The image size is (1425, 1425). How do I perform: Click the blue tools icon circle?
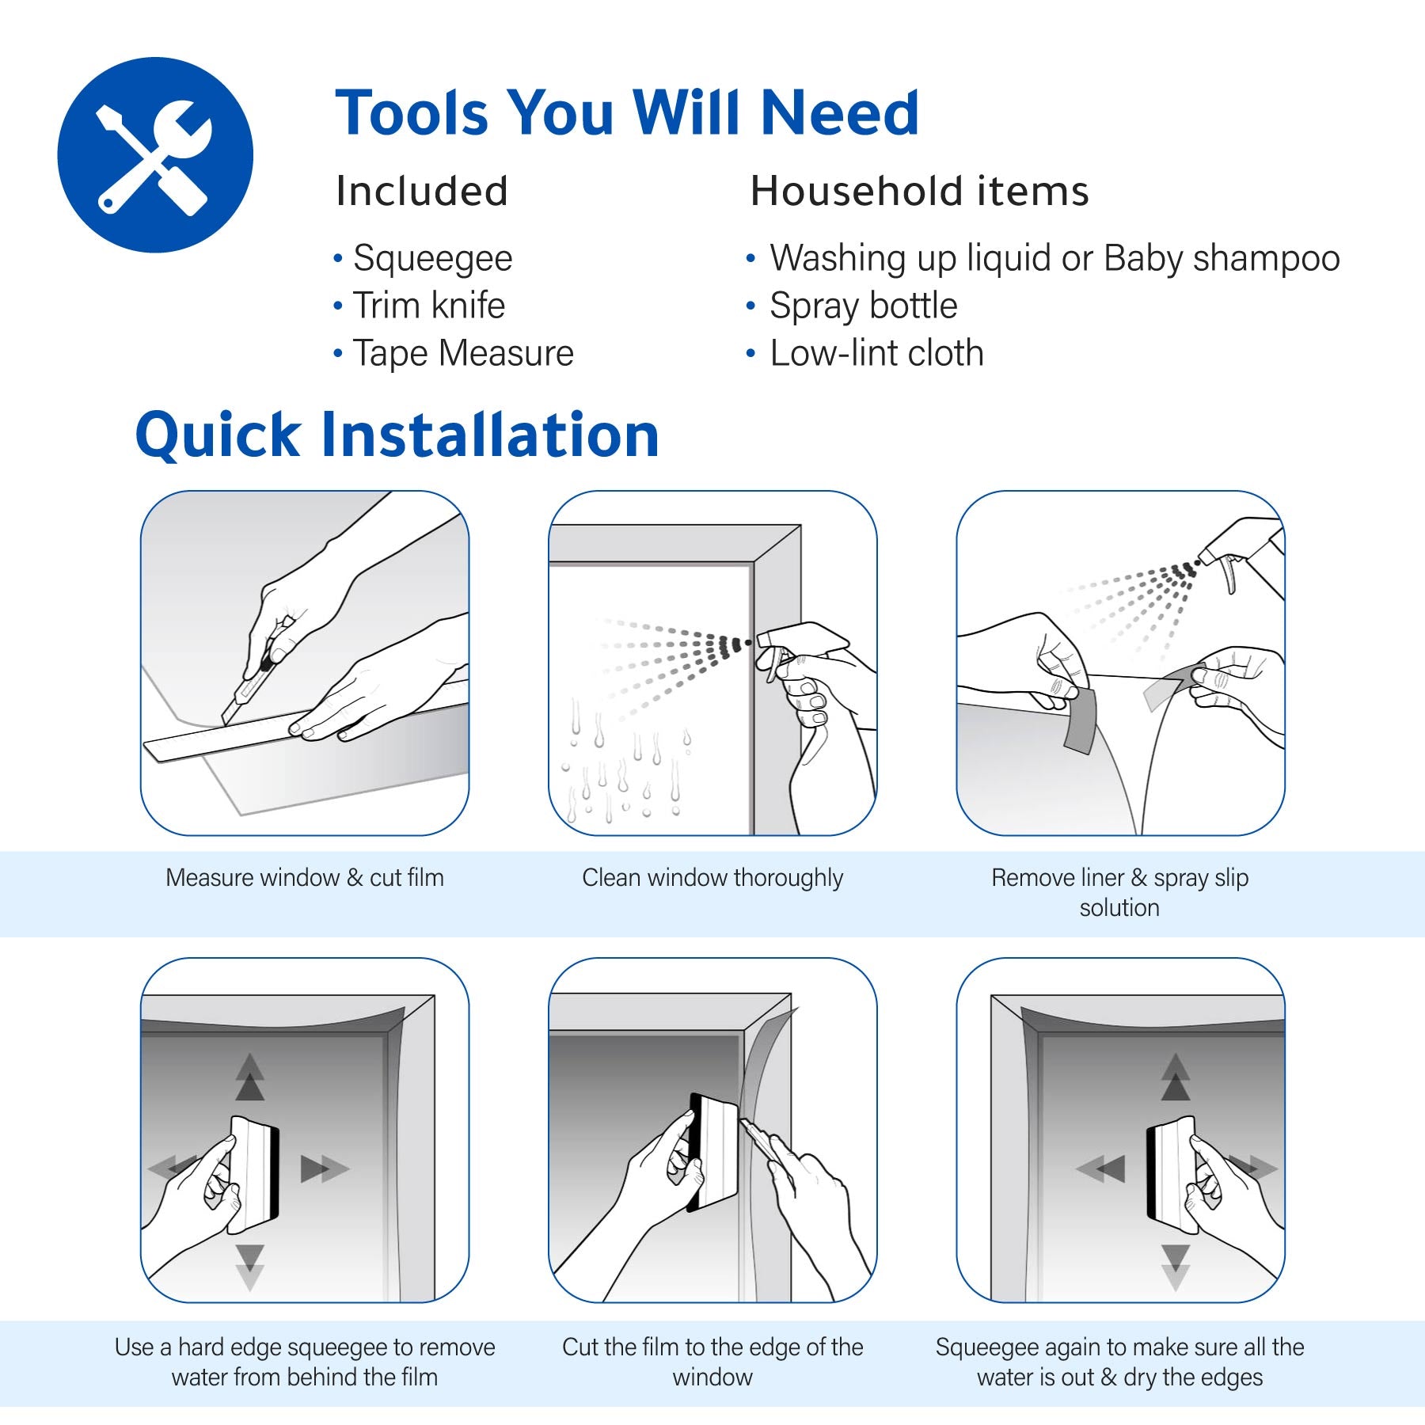[x=155, y=155]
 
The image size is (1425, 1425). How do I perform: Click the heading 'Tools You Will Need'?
[x=626, y=113]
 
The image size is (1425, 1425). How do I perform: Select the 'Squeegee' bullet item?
[x=432, y=258]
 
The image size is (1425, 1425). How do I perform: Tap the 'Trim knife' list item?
[x=428, y=306]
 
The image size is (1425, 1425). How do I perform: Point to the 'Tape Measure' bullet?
[x=462, y=353]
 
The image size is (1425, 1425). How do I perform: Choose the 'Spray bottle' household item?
[x=863, y=306]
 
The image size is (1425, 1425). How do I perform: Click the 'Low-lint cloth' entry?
[x=876, y=353]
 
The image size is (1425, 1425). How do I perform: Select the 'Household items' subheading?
[x=919, y=192]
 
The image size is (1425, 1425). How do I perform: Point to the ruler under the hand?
[x=214, y=744]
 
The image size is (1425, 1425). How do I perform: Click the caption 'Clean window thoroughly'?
[x=712, y=877]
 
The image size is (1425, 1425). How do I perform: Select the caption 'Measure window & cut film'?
[x=305, y=877]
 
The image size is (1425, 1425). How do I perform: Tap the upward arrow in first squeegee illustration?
[x=250, y=1077]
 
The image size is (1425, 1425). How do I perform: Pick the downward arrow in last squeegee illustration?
[x=1176, y=1267]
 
